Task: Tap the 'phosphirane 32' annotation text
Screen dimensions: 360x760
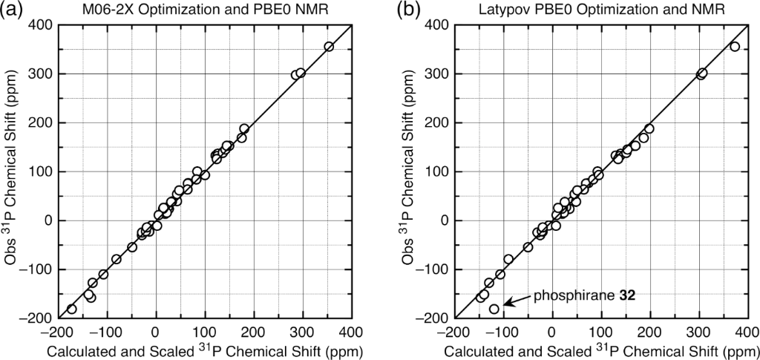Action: click(x=583, y=295)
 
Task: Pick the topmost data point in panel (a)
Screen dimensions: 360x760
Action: click(x=329, y=47)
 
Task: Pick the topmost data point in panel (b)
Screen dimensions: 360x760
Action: click(x=735, y=47)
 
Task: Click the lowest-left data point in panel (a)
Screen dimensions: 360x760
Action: click(x=72, y=309)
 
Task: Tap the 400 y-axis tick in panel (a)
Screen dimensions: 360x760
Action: click(x=38, y=25)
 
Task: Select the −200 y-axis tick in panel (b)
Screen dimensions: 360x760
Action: click(x=431, y=318)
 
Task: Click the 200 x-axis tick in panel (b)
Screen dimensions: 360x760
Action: click(x=649, y=332)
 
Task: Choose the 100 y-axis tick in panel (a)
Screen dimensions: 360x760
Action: click(x=38, y=172)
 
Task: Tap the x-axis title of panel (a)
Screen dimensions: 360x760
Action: click(x=203, y=350)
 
